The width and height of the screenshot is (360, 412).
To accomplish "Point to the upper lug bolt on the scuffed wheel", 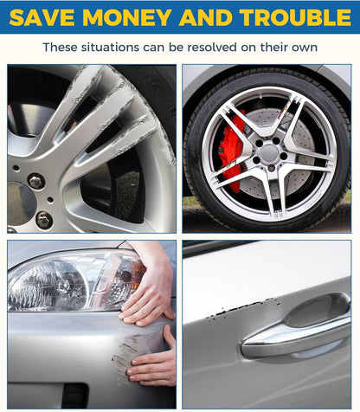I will click(35, 181).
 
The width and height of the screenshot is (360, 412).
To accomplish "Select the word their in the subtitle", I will click(272, 47).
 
